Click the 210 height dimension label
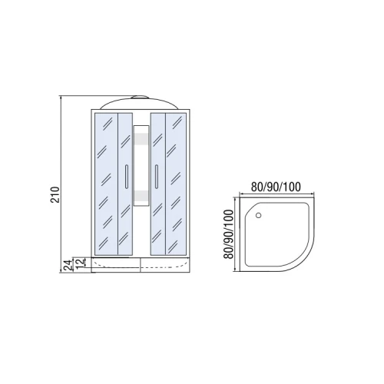coord(55,195)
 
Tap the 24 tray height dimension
coord(68,265)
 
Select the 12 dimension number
coord(80,263)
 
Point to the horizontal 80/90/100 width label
coord(276,187)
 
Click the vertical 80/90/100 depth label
coord(228,234)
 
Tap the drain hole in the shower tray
coord(259,215)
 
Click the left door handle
coord(126,177)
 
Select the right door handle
coord(157,177)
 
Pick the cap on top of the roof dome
coord(140,98)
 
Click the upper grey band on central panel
coord(141,140)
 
